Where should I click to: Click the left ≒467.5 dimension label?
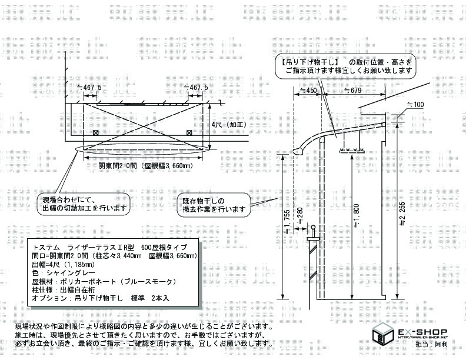click(89, 87)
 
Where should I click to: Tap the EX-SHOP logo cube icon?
click(384, 336)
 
